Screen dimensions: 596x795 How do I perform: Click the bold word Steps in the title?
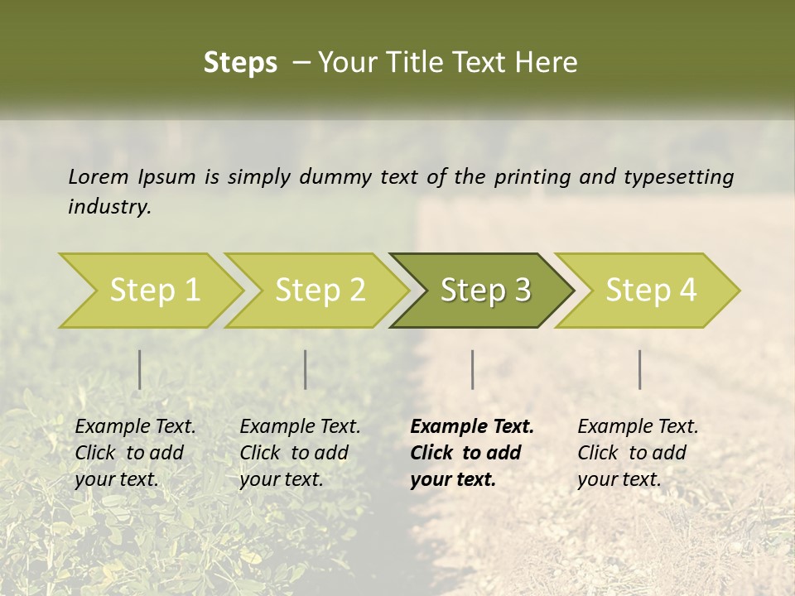pos(240,63)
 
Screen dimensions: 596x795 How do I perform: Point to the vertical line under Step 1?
pos(139,369)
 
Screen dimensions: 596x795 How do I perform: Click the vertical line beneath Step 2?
pos(306,369)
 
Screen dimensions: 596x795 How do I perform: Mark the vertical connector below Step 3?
pos(472,369)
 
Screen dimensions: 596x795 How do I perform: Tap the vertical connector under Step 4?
pos(639,369)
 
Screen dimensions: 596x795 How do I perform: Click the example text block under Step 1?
pos(135,453)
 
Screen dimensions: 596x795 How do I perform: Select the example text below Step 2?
pos(300,453)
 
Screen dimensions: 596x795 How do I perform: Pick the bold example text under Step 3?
pos(472,453)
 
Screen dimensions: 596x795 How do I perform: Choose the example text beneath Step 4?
pos(638,453)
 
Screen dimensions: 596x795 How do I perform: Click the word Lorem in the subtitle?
pos(98,176)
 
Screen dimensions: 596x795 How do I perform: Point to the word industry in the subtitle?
pos(109,207)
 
